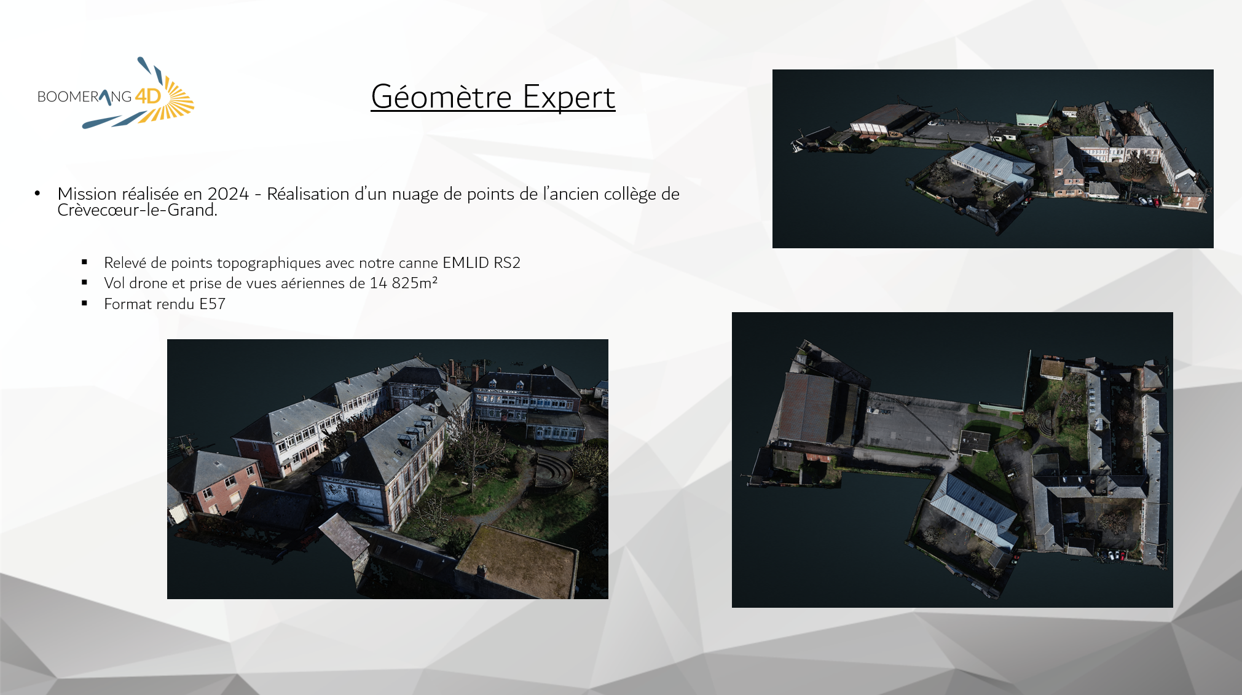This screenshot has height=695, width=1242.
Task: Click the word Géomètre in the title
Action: (441, 96)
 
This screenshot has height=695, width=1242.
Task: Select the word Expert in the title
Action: (569, 96)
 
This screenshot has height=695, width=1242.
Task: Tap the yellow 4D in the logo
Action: (147, 96)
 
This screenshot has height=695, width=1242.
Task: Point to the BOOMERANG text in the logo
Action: (84, 96)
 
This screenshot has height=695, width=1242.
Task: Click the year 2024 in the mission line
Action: (228, 194)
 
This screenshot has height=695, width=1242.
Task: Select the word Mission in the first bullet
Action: (87, 194)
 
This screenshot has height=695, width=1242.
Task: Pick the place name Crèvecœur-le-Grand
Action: (136, 210)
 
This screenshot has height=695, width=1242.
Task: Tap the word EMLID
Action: (465, 262)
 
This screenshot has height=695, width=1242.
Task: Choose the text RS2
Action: (507, 262)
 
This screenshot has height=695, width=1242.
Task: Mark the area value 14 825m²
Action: (404, 283)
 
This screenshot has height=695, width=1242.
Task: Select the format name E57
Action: (212, 304)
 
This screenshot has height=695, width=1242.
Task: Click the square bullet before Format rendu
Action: (85, 303)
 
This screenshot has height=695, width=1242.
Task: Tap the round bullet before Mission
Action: (37, 194)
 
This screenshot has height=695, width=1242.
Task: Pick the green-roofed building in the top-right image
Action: (1032, 119)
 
